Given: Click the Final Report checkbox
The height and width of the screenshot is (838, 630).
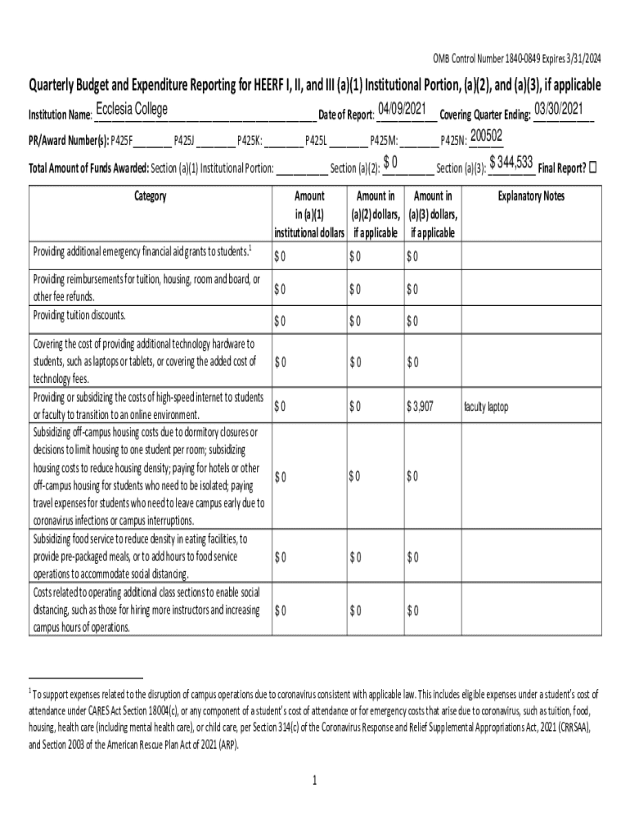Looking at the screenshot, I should pos(593,167).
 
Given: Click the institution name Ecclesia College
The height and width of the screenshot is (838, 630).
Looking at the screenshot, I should pos(132,110).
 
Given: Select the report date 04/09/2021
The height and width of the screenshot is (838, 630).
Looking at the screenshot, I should pos(403,109).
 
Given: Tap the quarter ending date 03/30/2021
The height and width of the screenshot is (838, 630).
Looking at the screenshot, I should pos(559,109).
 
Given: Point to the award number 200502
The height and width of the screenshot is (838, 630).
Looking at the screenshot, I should pos(486,135).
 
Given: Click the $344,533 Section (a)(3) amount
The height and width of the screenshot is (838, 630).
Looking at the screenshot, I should pos(511,162).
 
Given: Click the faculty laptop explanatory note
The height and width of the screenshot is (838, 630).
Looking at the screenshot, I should pos(486,407).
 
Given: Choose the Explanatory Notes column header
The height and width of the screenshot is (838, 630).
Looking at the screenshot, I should pos(531,196).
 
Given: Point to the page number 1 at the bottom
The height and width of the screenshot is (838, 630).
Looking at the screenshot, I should pos(314,781).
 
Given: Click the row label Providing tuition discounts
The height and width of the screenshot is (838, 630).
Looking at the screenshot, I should pos(79,315).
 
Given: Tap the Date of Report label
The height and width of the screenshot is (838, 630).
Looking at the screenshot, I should pos(345,115).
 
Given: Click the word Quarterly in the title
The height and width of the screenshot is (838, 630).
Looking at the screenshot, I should pos(59,84).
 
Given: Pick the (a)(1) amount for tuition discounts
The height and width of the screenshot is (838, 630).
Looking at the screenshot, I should pos(280,320).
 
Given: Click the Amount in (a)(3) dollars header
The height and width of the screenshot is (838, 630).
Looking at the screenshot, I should pos(434,214).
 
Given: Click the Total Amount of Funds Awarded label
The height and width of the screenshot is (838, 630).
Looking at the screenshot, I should pos(88,169).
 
